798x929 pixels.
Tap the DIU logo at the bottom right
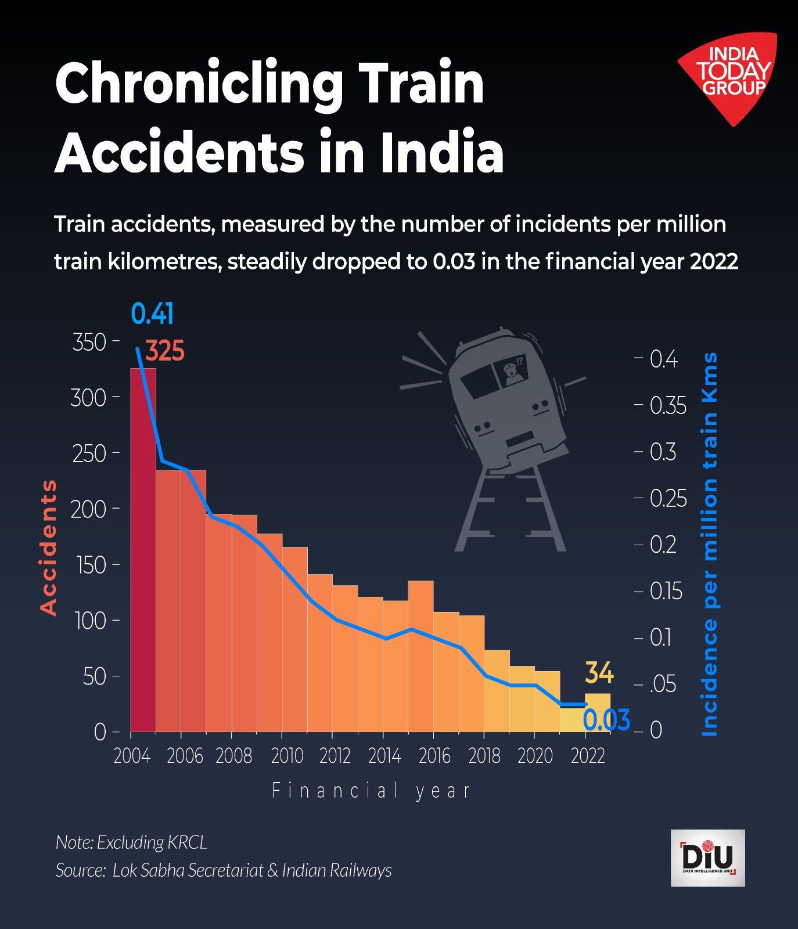point(707,858)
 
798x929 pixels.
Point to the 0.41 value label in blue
point(152,314)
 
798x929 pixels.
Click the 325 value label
point(165,351)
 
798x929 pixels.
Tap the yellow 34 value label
point(599,673)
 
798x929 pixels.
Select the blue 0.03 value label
point(606,721)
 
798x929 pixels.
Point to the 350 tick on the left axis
point(89,342)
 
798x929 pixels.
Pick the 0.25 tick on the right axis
point(668,499)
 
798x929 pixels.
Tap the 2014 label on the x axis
point(384,756)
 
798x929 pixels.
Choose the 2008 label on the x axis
point(233,756)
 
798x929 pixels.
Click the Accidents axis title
point(49,548)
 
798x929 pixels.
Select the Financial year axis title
point(371,791)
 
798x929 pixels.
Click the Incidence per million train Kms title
point(710,544)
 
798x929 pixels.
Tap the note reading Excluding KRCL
point(131,842)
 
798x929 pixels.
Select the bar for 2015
point(420,656)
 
